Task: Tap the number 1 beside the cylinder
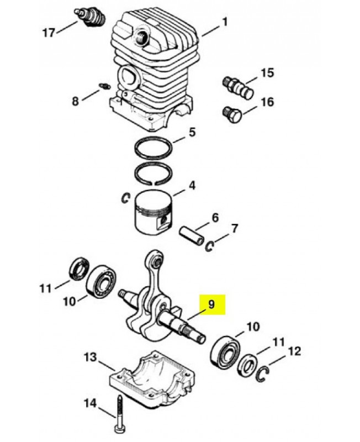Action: coord(225,22)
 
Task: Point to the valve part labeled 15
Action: coord(237,87)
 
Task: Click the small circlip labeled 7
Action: coord(210,246)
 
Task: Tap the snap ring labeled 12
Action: coord(264,373)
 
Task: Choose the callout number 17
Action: coord(49,33)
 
